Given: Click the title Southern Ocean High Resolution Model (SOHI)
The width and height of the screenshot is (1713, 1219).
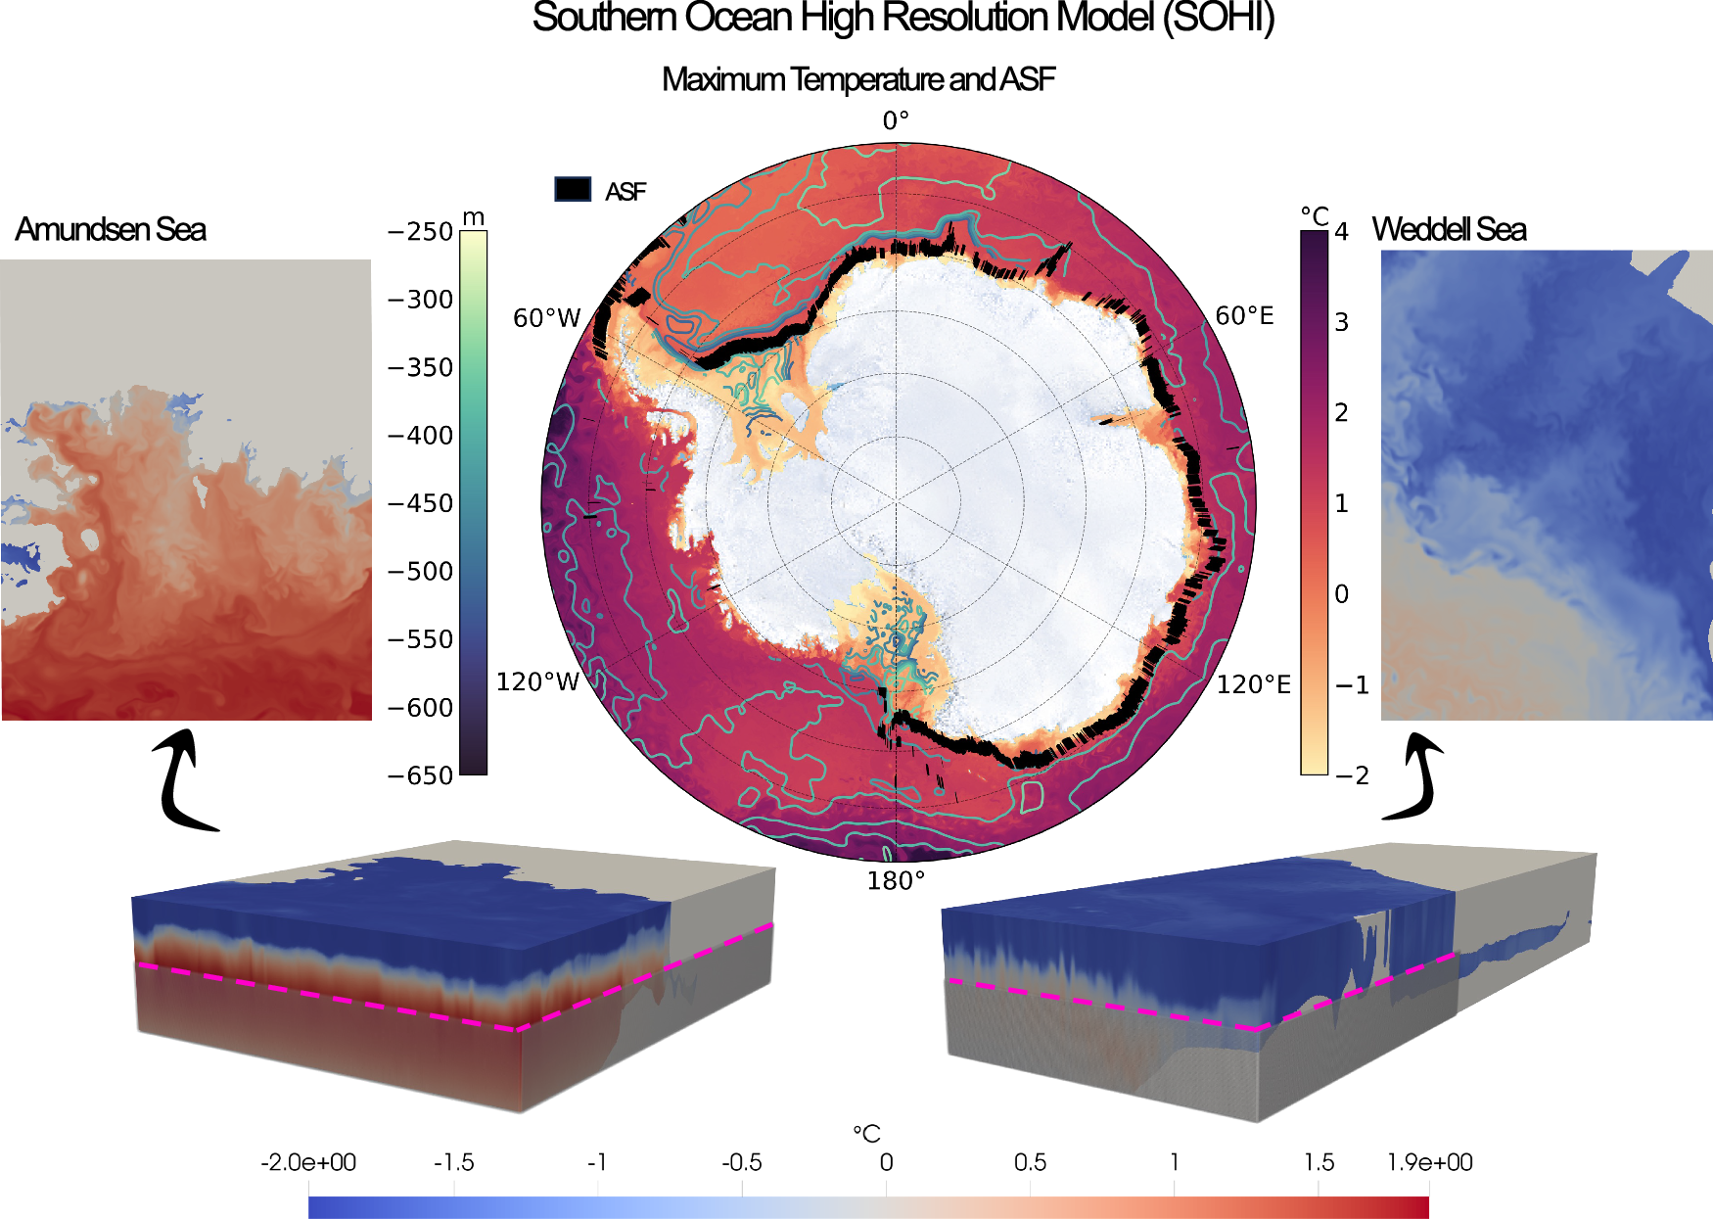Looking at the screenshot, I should (x=903, y=19).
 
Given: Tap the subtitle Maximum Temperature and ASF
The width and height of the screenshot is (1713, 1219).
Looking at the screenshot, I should (x=858, y=79).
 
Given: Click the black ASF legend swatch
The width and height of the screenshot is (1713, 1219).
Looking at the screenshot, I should (x=573, y=189).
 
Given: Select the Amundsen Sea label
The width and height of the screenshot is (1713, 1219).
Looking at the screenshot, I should (x=111, y=229).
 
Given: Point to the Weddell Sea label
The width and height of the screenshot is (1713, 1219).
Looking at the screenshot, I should (x=1449, y=229).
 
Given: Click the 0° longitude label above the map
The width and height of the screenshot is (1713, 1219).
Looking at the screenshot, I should (x=896, y=120).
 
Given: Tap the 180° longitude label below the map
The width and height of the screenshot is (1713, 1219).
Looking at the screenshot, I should (x=896, y=881).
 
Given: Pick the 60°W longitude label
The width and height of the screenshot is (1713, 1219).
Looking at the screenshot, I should (x=547, y=318).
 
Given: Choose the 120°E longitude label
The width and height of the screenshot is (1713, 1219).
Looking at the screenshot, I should (x=1253, y=684).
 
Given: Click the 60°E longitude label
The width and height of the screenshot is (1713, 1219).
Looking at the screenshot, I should (x=1244, y=315).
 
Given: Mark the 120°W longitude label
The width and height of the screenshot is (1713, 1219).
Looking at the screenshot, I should (x=538, y=681).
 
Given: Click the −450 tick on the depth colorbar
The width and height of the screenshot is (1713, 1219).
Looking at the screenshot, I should (x=421, y=503).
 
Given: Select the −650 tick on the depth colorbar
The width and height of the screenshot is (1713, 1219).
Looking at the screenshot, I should (x=421, y=775).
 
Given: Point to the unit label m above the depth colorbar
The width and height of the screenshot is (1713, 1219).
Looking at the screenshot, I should (x=474, y=216).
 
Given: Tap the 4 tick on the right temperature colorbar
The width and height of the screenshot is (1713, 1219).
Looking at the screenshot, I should (x=1341, y=232).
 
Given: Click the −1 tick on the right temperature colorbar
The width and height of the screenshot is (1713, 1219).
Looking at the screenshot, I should (x=1352, y=685).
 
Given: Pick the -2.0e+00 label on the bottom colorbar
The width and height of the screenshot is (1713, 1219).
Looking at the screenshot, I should (x=308, y=1162).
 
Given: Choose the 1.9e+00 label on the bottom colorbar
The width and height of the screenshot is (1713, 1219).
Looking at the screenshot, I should (x=1429, y=1162).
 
